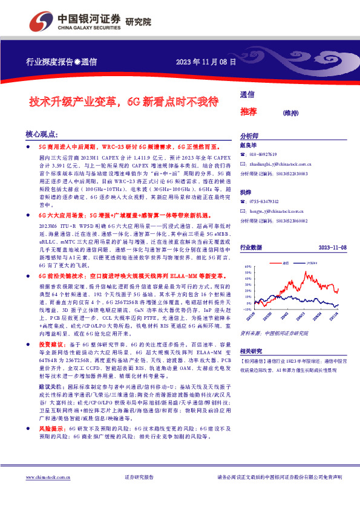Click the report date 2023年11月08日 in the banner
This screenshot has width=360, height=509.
[206, 61]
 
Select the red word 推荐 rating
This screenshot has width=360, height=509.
[249, 112]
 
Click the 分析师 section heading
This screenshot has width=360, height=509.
[250, 137]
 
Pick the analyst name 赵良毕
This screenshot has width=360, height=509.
[249, 146]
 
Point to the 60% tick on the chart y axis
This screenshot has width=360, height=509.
[248, 265]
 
